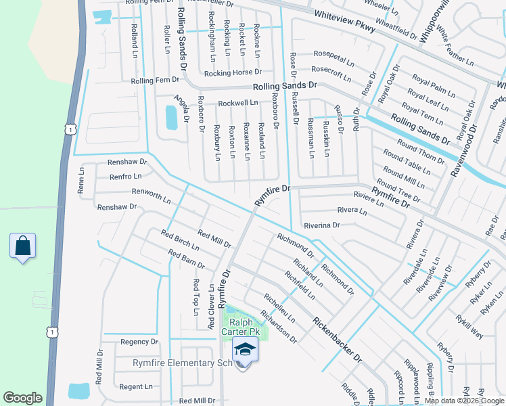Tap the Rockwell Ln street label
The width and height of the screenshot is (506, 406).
[238, 104]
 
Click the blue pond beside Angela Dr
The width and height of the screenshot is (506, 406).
[171, 118]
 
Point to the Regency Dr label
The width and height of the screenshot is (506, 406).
[139, 342]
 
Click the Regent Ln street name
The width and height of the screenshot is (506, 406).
[136, 387]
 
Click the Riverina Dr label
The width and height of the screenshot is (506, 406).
[321, 225]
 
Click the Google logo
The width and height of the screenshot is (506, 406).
[22, 398]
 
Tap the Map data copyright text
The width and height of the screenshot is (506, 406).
[465, 401]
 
